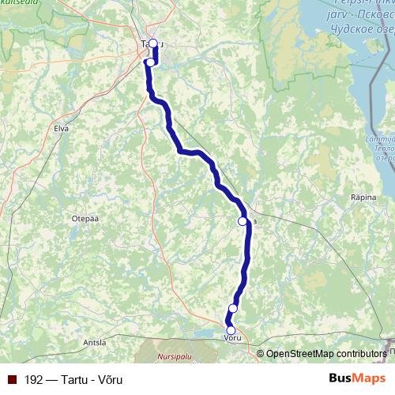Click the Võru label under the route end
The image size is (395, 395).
[x=231, y=338]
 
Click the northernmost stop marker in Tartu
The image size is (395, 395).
[x=153, y=44]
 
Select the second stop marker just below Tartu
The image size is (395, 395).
[x=150, y=62]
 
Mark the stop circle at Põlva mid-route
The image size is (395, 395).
[x=243, y=222]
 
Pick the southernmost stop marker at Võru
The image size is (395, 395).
[x=231, y=330]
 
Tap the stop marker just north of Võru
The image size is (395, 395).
[x=233, y=308]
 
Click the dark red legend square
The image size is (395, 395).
[x=14, y=378]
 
